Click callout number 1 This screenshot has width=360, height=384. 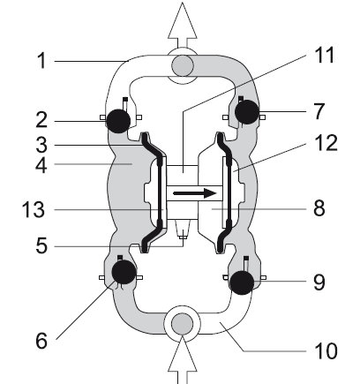tap(42, 61)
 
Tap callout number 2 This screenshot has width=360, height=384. tap(41, 120)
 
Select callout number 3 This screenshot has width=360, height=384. tap(41, 145)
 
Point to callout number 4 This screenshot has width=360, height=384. tap(41, 166)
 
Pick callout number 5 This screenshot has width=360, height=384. tap(41, 245)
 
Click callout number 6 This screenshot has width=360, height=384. tap(41, 341)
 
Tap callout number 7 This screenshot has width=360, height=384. tap(319, 111)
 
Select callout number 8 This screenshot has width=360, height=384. tap(319, 208)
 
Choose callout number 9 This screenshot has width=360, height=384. tap(319, 282)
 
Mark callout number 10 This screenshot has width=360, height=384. tap(326, 350)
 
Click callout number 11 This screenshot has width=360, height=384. tap(325, 55)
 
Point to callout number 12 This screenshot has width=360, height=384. tap(326, 143)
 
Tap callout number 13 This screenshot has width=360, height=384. tap(34, 209)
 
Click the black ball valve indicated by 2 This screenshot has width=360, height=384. tap(118, 121)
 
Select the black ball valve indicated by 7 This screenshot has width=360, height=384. tap(247, 112)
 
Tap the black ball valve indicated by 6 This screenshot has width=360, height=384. tap(124, 272)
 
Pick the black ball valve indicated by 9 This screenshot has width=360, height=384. tap(242, 282)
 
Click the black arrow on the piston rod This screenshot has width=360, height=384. tap(195, 193)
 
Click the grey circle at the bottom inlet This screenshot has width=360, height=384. tap(183, 324)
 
